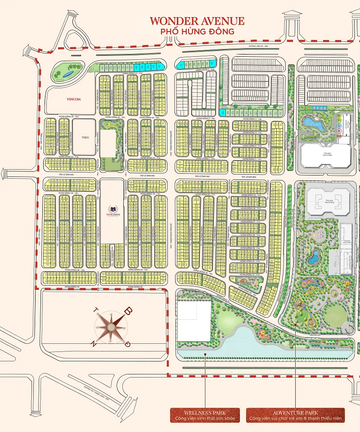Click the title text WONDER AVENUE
tap(197, 21)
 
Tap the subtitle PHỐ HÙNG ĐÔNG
tap(198, 31)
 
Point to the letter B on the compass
tap(128, 310)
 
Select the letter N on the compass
tap(94, 343)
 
